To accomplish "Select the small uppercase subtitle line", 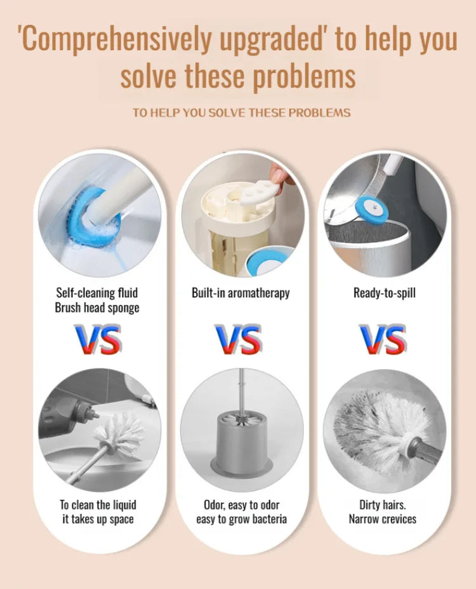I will point(241,112).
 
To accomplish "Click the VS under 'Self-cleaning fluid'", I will point(98,340).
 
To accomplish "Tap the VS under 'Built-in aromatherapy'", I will point(238,340).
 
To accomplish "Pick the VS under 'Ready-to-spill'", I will point(382,340).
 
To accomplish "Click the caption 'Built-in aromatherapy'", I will point(241,293).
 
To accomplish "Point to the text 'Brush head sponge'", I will point(97,308).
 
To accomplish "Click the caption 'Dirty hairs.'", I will point(382,505).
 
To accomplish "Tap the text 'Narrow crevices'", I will point(382,519).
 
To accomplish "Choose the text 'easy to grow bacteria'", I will point(241,519).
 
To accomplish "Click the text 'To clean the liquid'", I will point(98,505).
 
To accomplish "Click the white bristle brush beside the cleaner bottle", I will point(119,432).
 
